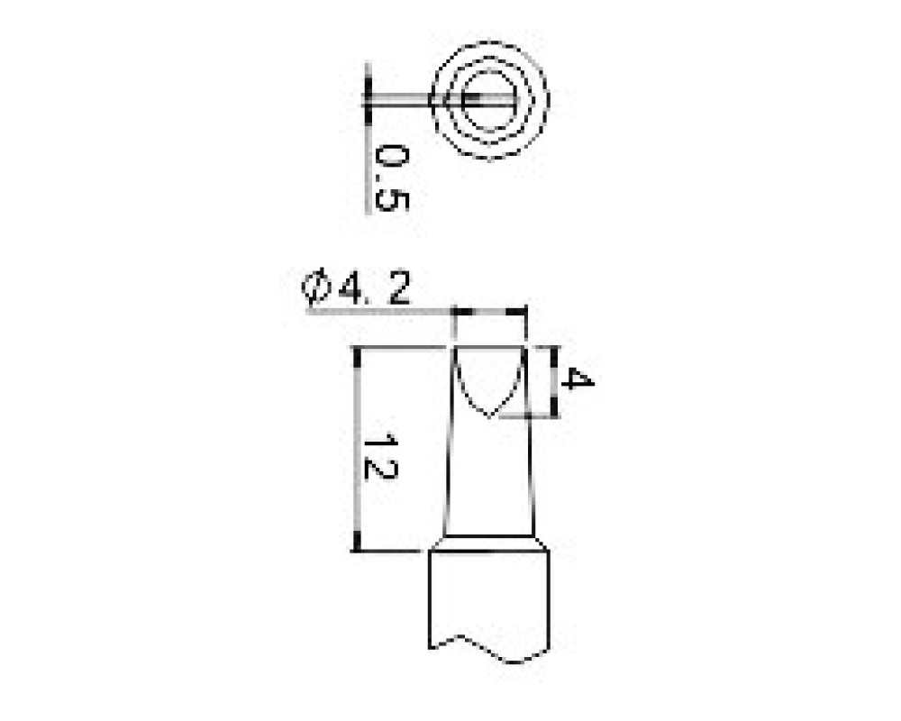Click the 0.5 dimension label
pos(392,178)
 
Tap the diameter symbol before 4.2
pos(316,287)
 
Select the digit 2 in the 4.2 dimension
pos(399,288)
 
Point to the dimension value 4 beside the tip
pos(577,379)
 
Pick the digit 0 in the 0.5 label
pos(392,158)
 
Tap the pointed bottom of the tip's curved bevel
pos(489,415)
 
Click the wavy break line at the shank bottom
pos(489,649)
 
